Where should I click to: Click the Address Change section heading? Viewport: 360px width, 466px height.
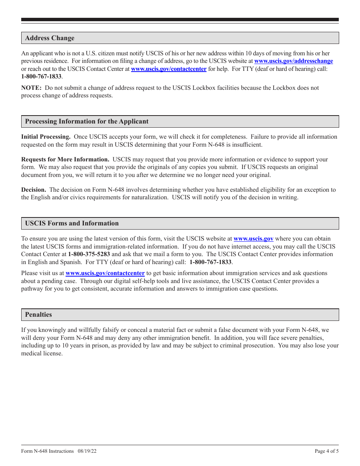(50, 38)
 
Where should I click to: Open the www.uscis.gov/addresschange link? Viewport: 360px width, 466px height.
(293, 61)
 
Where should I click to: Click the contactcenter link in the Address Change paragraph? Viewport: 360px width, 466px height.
(169, 69)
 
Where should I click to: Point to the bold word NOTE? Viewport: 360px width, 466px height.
(31, 88)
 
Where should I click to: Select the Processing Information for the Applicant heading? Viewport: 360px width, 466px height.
(87, 122)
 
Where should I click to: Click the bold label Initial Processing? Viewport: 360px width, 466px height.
(46, 137)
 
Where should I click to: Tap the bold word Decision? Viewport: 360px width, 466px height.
(34, 190)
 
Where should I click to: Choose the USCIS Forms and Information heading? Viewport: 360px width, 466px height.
(72, 224)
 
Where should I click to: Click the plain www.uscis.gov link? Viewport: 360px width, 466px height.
(253, 239)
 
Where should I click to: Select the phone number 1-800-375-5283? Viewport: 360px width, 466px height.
(89, 254)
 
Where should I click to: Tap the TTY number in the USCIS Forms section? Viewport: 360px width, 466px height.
(210, 262)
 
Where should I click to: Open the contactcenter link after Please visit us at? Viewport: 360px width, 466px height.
(105, 273)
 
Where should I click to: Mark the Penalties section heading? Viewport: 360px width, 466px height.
(38, 315)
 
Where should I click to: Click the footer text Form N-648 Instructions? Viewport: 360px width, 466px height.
(47, 451)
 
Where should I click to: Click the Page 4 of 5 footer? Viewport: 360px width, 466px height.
(327, 451)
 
